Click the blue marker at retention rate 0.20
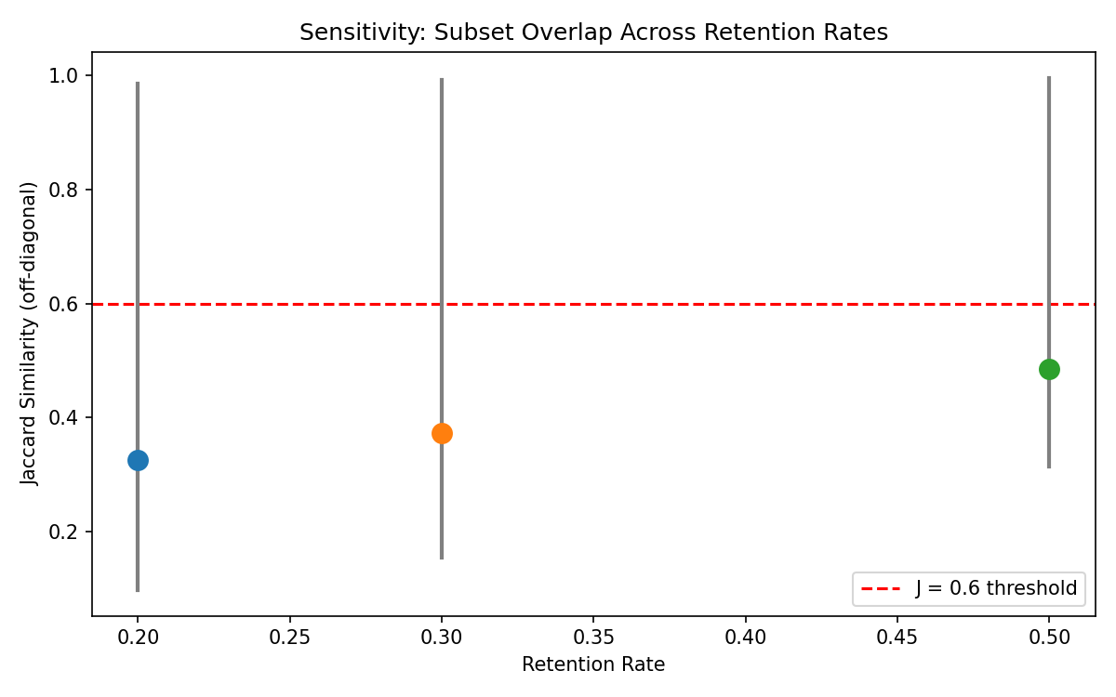(x=138, y=460)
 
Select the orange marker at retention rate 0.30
(x=442, y=433)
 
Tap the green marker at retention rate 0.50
(x=1049, y=369)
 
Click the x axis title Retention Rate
(x=593, y=664)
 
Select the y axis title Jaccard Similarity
(x=31, y=333)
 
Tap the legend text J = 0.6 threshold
(x=996, y=588)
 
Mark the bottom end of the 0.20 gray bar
(x=138, y=590)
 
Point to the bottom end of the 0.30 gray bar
(x=442, y=558)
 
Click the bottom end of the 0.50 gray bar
(x=1049, y=467)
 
